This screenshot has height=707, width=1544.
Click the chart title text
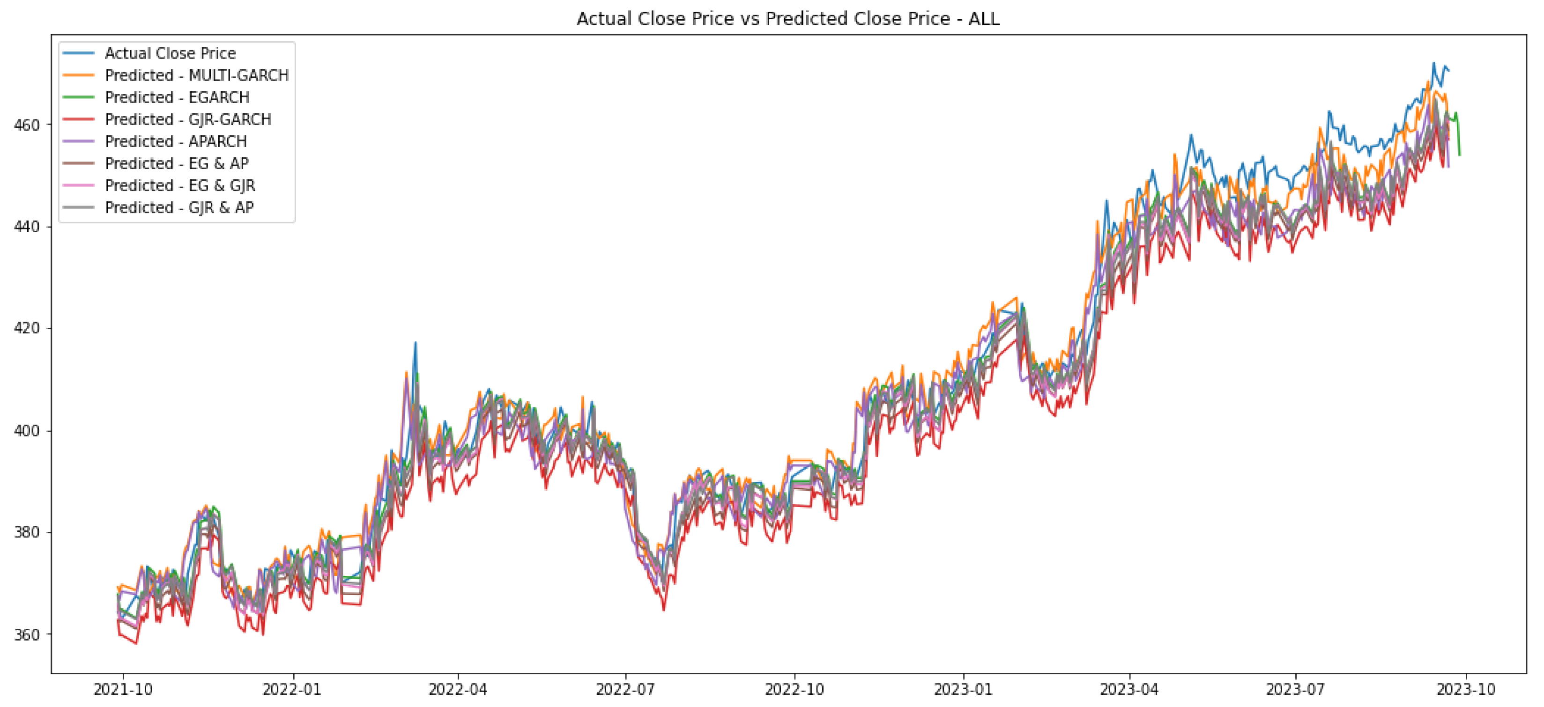tap(787, 19)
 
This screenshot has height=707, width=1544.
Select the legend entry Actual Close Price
tap(170, 53)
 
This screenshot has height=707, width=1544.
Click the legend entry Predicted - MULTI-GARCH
tap(197, 75)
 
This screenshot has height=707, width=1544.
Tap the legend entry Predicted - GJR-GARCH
tap(187, 120)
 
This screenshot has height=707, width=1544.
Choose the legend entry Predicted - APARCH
tap(176, 141)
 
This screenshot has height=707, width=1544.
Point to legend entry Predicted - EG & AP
tap(176, 163)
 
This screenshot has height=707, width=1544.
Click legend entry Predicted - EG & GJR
tap(180, 186)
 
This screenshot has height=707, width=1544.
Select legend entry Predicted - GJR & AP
tap(179, 208)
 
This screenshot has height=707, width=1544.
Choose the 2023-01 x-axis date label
tap(963, 690)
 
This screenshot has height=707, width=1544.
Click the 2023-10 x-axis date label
tap(1465, 690)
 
